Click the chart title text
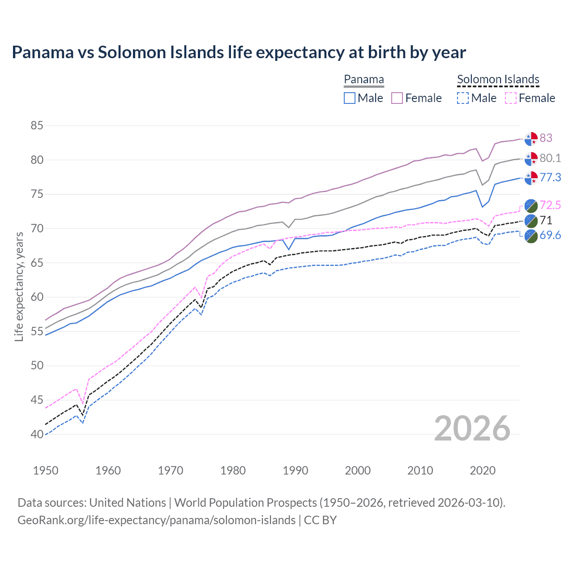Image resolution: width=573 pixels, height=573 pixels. (239, 52)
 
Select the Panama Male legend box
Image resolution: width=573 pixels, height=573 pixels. (350, 98)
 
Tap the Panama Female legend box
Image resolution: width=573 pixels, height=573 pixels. (397, 98)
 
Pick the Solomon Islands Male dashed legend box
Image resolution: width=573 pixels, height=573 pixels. (463, 98)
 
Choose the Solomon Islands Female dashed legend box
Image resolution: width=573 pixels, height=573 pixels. (511, 98)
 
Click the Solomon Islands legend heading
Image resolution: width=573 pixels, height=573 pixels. (498, 80)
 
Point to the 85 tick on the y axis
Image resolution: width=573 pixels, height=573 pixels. (37, 126)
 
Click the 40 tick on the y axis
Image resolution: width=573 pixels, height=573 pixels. (37, 434)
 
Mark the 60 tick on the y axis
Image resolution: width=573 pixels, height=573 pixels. (37, 297)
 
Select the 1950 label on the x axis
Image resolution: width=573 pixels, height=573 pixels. (46, 470)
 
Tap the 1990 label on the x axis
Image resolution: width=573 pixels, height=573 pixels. (295, 470)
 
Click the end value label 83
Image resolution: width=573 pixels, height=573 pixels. (546, 138)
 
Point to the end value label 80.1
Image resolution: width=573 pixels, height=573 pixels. (550, 158)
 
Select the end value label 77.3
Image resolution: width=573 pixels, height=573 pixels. (550, 178)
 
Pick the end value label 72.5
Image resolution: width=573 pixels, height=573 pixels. (550, 205)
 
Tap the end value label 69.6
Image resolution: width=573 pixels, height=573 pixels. (550, 235)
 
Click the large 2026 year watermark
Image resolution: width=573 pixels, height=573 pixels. (472, 428)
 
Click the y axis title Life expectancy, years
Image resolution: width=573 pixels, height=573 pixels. (19, 287)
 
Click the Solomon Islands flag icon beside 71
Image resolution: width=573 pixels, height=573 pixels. (531, 220)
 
